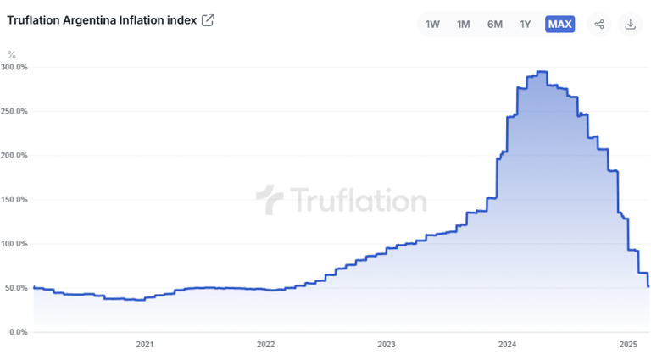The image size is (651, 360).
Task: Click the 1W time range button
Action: click(433, 24)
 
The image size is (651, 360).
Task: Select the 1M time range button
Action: click(464, 24)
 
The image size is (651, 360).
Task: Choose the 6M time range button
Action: click(495, 24)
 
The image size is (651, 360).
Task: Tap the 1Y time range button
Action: click(526, 24)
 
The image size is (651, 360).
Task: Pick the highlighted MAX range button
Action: click(559, 24)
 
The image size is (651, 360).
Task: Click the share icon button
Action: click(599, 24)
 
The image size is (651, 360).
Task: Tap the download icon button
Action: click(631, 24)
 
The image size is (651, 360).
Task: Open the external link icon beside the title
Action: click(208, 20)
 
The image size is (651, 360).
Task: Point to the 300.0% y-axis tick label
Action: click(15, 67)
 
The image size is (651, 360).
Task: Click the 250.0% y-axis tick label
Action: click(15, 111)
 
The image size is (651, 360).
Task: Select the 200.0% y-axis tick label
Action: click(15, 156)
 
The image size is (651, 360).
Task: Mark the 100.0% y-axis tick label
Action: click(15, 244)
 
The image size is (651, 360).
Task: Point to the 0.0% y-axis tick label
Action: click(18, 332)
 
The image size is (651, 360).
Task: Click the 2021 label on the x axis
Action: click(145, 345)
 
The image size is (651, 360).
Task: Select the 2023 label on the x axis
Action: click(387, 345)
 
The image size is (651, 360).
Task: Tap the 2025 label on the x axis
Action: click(628, 345)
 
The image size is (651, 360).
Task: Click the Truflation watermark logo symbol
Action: click(270, 200)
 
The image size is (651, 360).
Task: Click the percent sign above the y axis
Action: click(11, 54)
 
